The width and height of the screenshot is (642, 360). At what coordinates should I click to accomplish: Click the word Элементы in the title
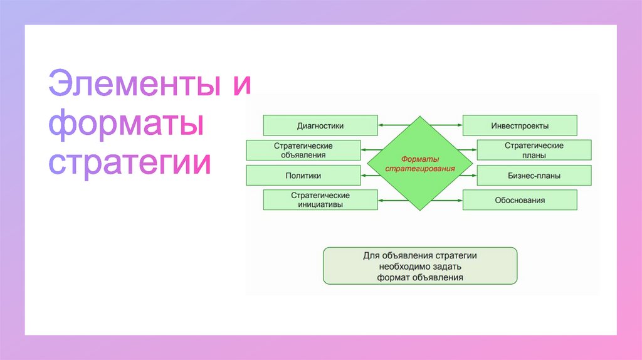(135, 85)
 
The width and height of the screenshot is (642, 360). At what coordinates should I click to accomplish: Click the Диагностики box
(320, 125)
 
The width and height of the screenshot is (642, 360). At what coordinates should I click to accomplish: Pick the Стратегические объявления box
(303, 150)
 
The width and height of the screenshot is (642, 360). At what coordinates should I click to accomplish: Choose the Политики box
(303, 176)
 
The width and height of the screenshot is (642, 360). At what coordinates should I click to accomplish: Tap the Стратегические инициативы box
(320, 200)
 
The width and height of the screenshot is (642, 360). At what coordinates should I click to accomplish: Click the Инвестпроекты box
(520, 125)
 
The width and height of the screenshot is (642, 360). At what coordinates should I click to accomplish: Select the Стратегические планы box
(534, 150)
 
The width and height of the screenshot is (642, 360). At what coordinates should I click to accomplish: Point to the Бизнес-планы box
(534, 176)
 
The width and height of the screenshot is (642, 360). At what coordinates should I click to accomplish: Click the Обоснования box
(520, 200)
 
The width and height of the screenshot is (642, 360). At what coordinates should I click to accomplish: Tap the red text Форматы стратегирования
(411, 164)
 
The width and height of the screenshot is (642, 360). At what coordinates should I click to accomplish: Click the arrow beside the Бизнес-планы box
(468, 176)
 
